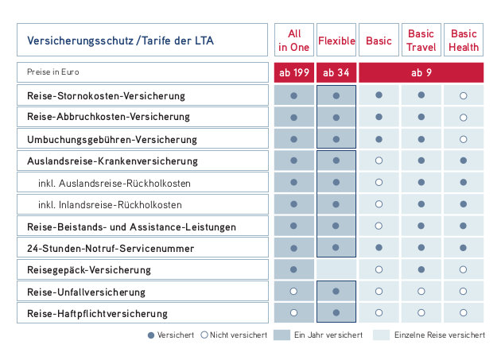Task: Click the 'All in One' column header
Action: tap(294, 40)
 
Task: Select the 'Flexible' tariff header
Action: tap(336, 40)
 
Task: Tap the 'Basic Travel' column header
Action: tap(421, 40)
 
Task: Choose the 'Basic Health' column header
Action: tap(464, 40)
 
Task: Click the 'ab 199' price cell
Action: tap(294, 72)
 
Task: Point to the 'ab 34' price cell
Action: tap(336, 72)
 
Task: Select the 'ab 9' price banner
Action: tap(421, 72)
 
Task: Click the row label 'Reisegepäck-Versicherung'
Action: tap(89, 270)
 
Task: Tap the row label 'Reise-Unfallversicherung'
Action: tap(86, 292)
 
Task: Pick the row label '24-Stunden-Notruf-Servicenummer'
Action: tap(111, 248)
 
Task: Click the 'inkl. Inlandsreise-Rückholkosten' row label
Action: tap(110, 205)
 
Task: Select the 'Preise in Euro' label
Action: tap(53, 72)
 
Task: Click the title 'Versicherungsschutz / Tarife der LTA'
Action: tap(120, 41)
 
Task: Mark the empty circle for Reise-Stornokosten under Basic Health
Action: tap(464, 95)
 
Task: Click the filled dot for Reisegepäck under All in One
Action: tap(293, 269)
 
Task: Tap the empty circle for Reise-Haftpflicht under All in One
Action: tap(293, 313)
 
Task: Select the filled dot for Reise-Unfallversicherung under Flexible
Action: tap(336, 292)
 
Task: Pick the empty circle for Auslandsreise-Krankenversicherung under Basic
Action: tap(379, 161)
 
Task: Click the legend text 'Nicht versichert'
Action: tap(239, 335)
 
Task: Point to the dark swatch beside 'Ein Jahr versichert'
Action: tap(282, 335)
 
